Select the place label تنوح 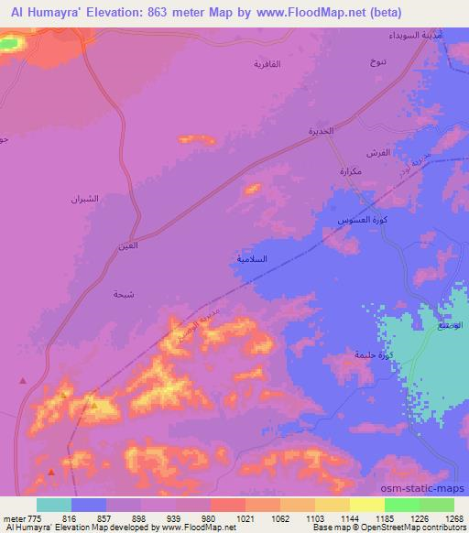(376, 62)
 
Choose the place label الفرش (378, 152)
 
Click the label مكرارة (352, 171)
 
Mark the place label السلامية (253, 259)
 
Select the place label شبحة (124, 294)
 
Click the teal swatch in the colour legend (53, 505)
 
